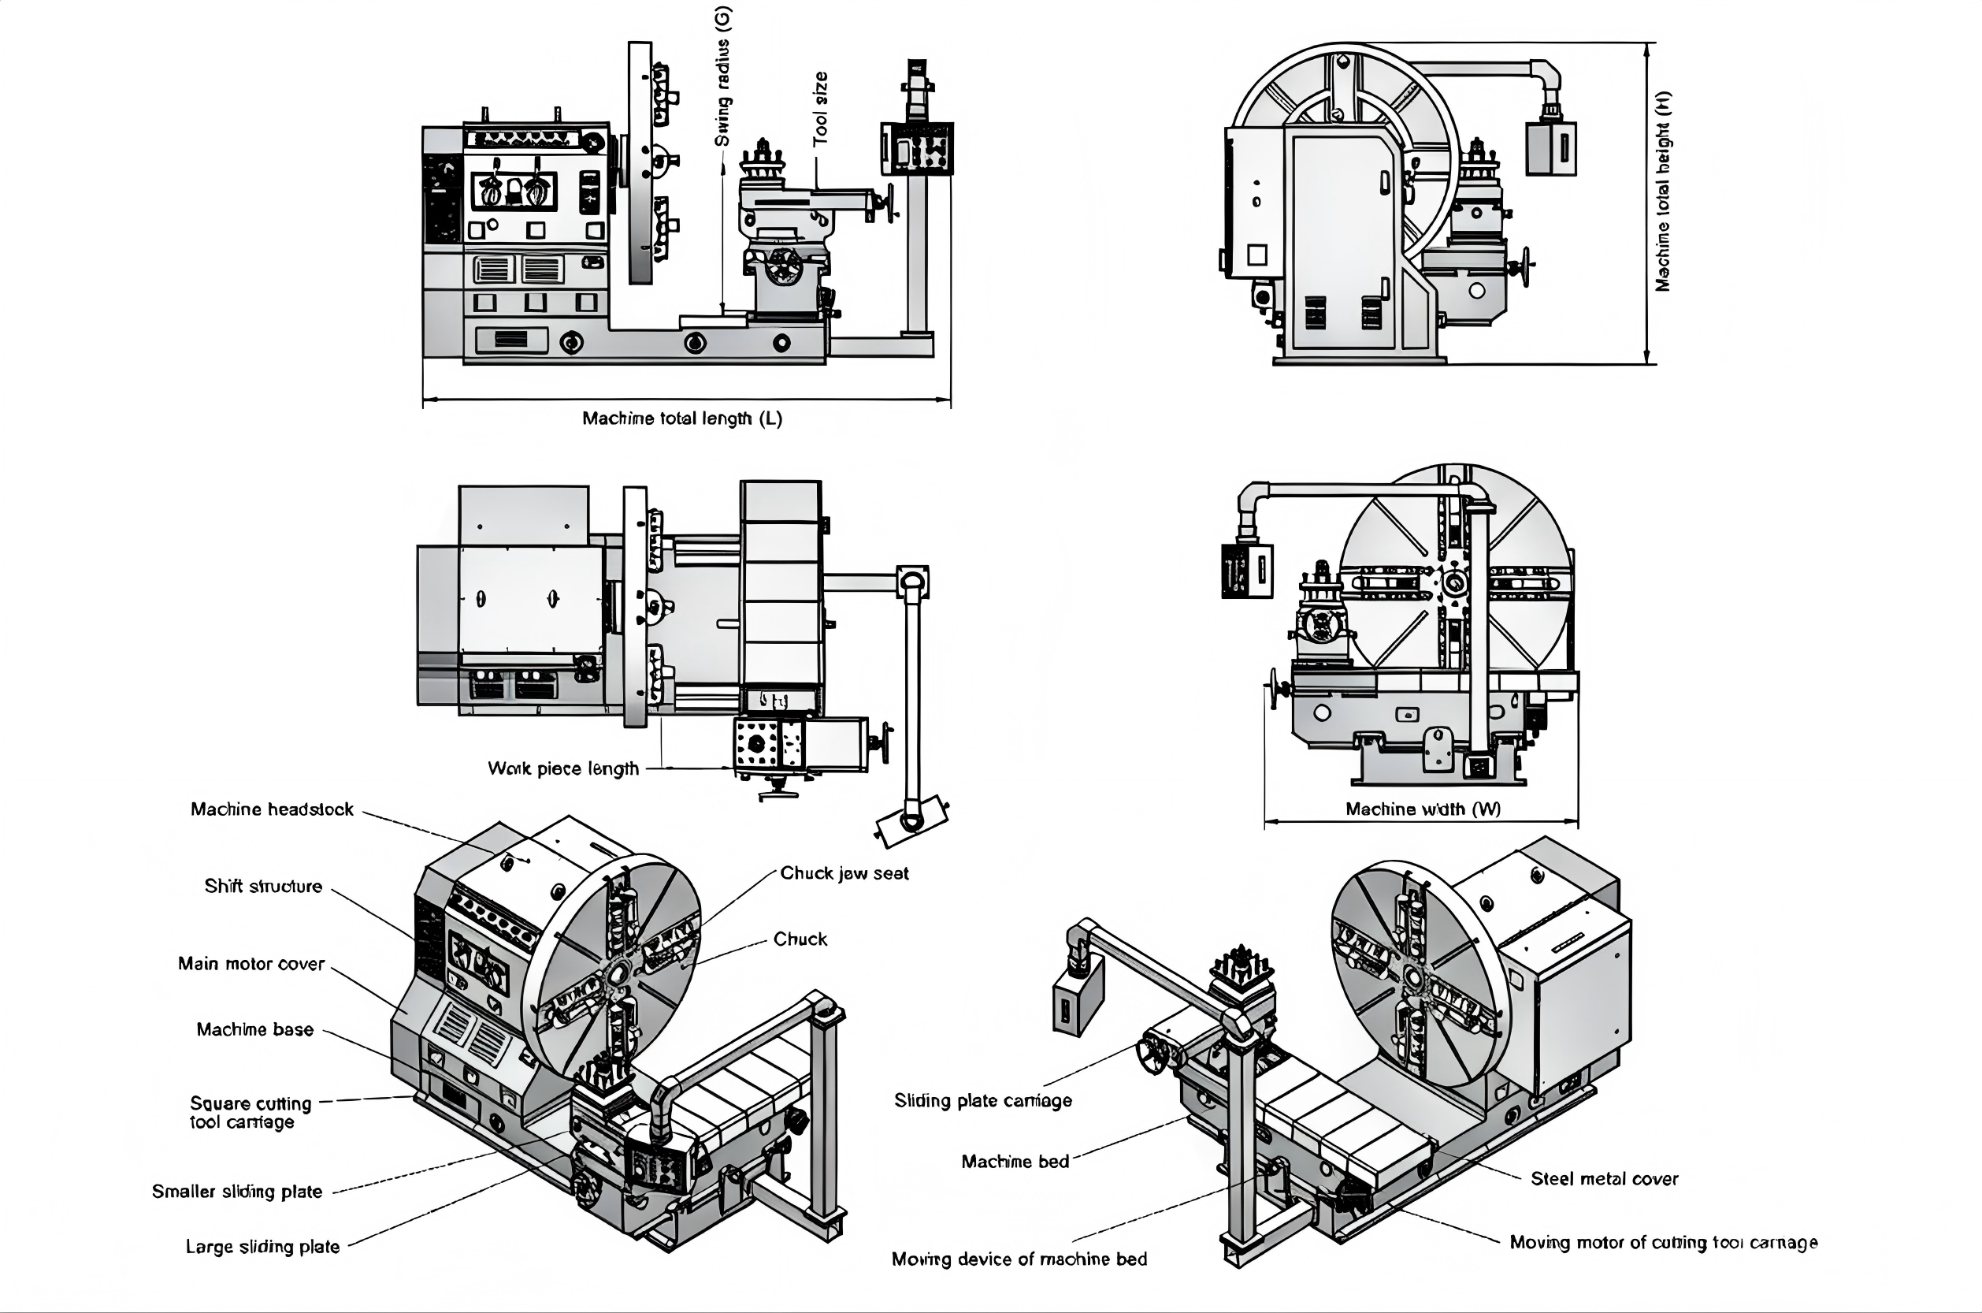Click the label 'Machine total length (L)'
tap(682, 418)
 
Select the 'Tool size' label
tap(820, 109)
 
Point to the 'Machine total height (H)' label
tap(1663, 191)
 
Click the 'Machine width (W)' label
tap(1423, 809)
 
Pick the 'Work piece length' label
tap(563, 768)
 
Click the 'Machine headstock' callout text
tap(272, 809)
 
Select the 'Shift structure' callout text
tap(263, 886)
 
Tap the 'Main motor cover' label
tap(251, 964)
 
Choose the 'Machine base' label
tap(255, 1029)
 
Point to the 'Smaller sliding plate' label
tap(237, 1192)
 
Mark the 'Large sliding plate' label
tap(263, 1247)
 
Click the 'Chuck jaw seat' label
tap(844, 873)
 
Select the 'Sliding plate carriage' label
tap(982, 1100)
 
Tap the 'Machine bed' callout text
tap(1015, 1162)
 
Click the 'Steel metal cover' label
tap(1605, 1179)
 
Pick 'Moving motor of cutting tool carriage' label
tap(1663, 1243)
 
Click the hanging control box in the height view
tap(1551, 149)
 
